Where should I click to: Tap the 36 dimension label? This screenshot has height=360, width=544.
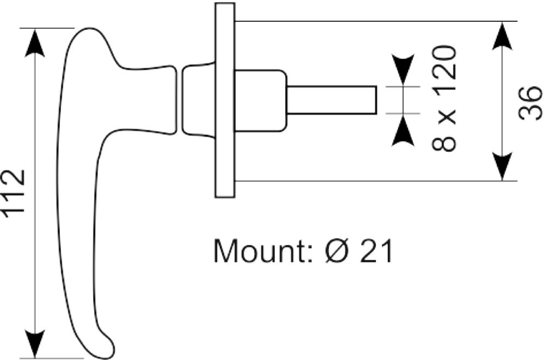[x=530, y=103]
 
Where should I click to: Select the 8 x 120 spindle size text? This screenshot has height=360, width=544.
[x=444, y=98]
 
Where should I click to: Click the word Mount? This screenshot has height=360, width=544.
[x=259, y=250]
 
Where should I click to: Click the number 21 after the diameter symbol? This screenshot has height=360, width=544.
[x=376, y=251]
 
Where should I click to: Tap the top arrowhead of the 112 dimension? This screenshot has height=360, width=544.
[x=35, y=42]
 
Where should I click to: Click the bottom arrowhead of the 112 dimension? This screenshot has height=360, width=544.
[x=35, y=344]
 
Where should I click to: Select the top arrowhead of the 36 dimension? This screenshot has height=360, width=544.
[x=502, y=36]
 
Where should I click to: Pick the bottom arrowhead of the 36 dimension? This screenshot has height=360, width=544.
[x=502, y=166]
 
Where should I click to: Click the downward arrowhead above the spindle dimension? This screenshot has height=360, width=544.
[x=403, y=69]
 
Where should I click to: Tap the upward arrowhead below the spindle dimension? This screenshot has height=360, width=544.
[x=403, y=131]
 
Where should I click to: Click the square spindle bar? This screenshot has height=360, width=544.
[x=332, y=100]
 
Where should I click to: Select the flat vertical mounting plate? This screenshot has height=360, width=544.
[x=225, y=100]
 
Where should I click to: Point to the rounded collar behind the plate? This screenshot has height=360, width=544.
[x=261, y=101]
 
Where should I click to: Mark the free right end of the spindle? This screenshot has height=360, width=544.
[x=376, y=100]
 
